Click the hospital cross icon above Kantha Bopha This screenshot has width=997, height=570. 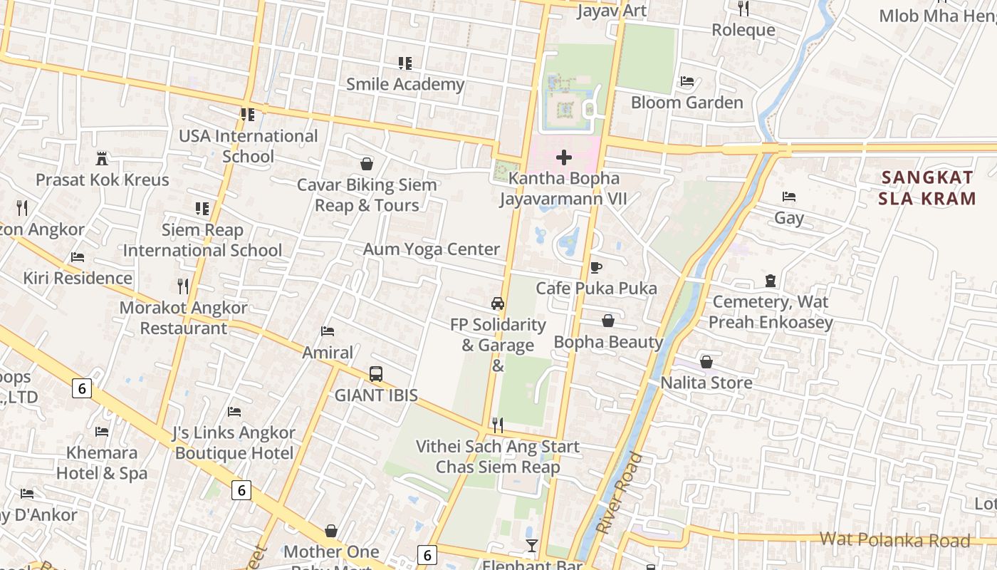point(563,157)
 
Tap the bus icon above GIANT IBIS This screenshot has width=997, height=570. point(375,374)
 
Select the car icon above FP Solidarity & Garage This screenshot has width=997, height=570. point(498,303)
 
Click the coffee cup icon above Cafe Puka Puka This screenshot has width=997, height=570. point(596,267)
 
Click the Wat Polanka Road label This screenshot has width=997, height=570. point(894,539)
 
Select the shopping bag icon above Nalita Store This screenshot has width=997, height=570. point(706,362)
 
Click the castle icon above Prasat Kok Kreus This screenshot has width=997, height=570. point(102,158)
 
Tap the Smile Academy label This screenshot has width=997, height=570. point(404,84)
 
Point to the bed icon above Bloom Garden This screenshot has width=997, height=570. point(687,81)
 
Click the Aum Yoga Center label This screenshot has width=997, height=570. point(432,249)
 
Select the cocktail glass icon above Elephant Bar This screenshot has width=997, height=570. point(531,546)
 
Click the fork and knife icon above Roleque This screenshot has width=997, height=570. point(743,9)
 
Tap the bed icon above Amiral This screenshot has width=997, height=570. point(328,331)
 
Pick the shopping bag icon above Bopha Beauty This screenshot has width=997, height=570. point(608,321)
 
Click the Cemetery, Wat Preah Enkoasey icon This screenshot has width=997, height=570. point(770,281)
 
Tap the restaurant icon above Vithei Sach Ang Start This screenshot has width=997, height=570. point(498,425)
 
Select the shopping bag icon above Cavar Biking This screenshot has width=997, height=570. point(366,164)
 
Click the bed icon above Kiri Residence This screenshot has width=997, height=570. point(78,257)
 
